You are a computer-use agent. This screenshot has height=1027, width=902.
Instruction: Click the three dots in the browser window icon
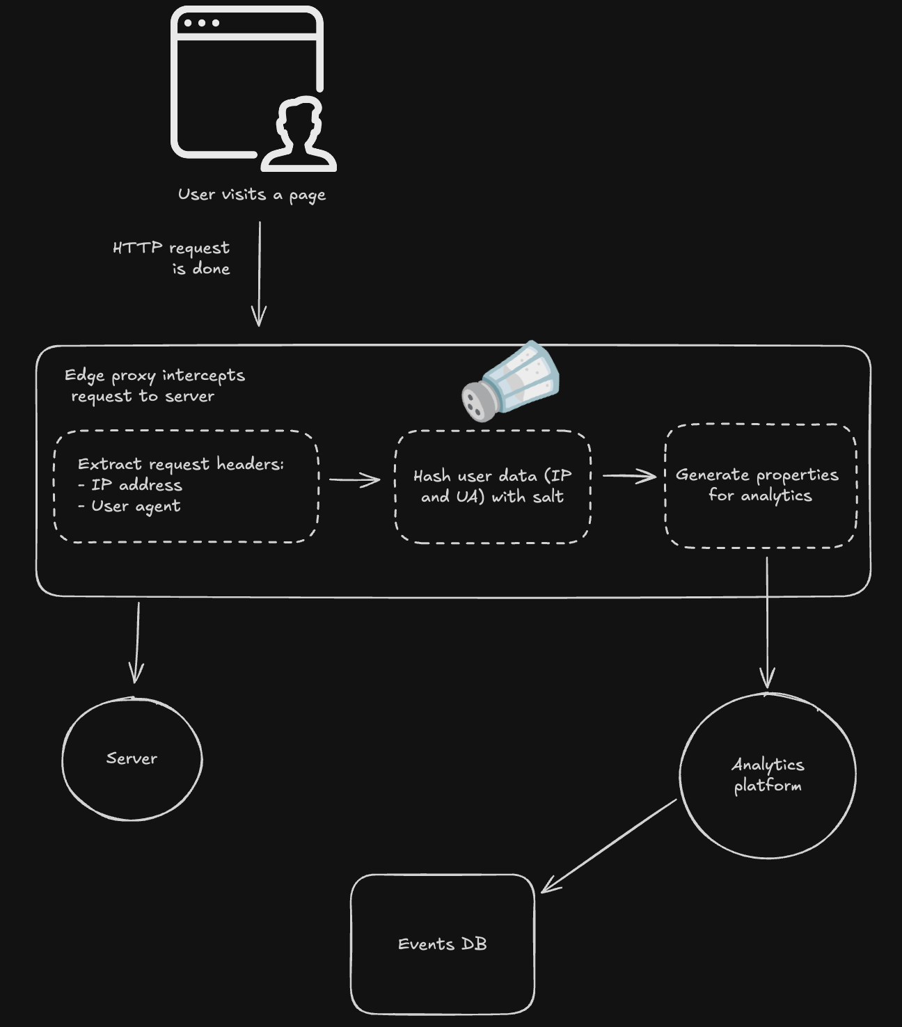point(202,23)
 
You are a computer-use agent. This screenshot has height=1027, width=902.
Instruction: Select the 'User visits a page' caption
point(251,195)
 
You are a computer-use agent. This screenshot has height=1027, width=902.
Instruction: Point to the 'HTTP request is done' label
point(172,258)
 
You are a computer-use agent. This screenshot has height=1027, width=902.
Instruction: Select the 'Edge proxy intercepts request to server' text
point(155,385)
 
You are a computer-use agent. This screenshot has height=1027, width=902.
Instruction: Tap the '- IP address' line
point(130,485)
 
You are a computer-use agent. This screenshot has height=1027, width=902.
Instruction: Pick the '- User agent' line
point(129,506)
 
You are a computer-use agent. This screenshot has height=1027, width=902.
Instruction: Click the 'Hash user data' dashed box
point(493,486)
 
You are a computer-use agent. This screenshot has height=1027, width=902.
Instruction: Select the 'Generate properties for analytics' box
point(760,485)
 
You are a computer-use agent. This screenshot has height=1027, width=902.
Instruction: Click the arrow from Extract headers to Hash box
point(355,479)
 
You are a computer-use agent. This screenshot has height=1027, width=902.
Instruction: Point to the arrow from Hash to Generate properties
point(629,476)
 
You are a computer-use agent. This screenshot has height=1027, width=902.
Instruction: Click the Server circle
point(132,758)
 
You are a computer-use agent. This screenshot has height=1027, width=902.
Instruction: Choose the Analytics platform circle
point(768,775)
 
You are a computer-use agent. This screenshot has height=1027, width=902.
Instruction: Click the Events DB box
point(443,944)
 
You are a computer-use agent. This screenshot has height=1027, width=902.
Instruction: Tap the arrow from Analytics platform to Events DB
point(610,845)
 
